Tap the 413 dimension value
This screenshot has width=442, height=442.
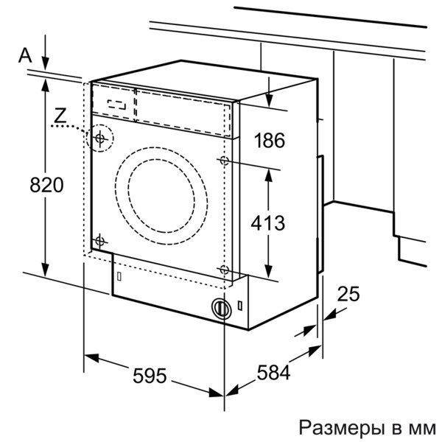click(267, 220)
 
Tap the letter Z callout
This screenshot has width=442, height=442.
click(60, 114)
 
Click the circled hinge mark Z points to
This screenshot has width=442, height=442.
click(99, 137)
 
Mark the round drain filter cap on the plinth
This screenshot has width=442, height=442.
click(220, 308)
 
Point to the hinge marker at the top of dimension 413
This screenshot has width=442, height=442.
click(224, 160)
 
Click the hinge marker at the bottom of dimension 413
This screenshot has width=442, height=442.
click(224, 268)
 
